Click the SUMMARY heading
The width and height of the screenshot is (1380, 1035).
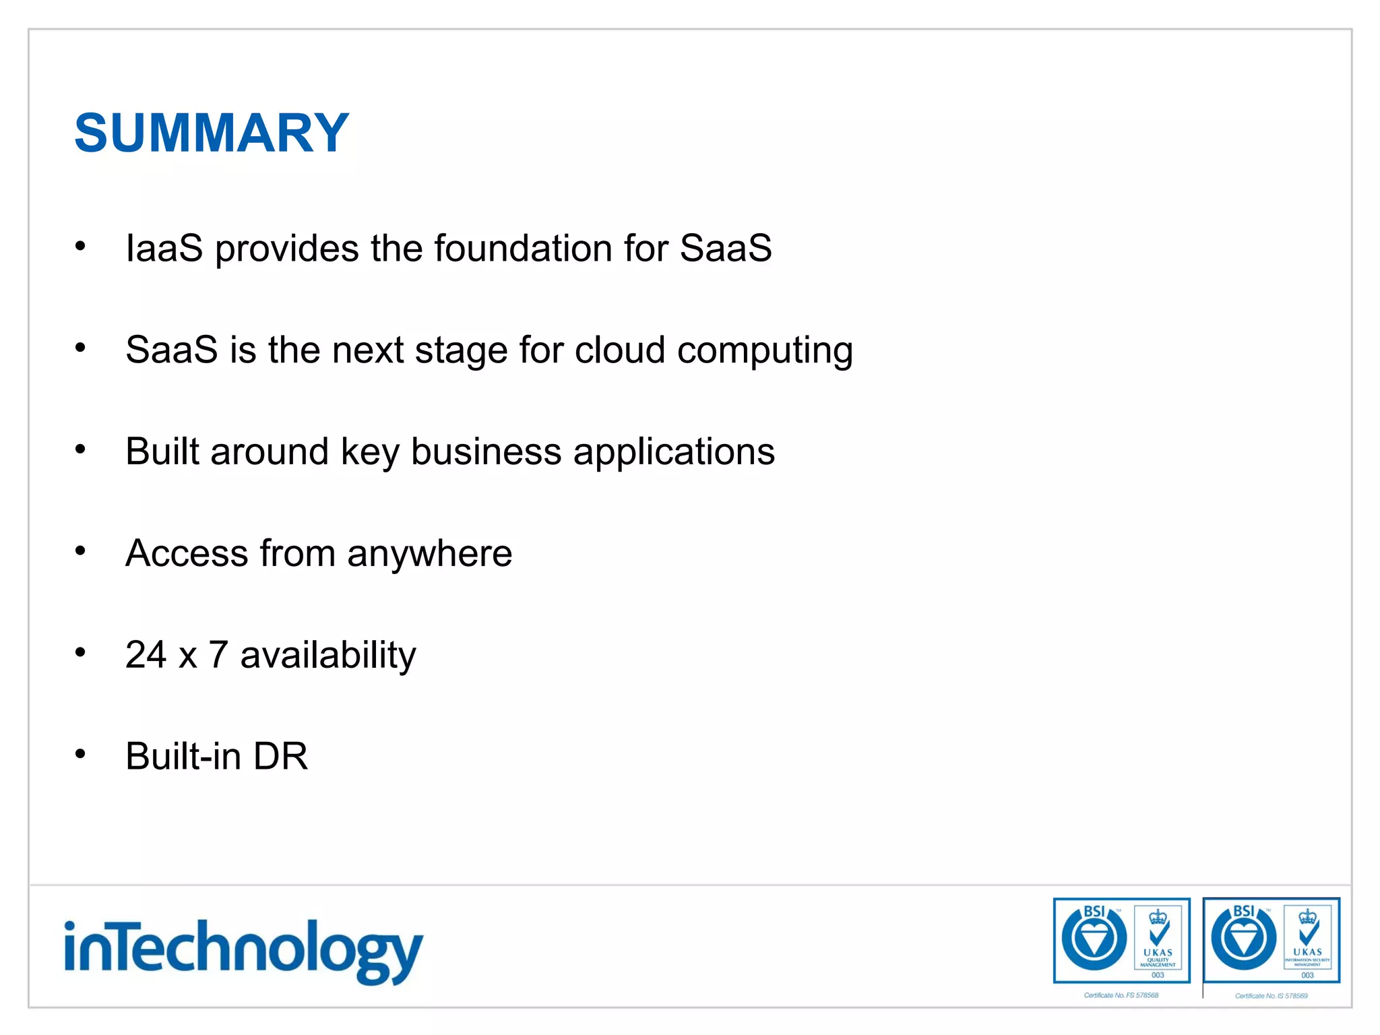212,133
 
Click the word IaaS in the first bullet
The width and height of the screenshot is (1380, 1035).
164,248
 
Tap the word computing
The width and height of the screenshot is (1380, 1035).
765,351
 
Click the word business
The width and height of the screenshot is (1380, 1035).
486,451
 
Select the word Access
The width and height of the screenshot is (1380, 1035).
187,553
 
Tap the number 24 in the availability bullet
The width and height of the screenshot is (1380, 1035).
146,654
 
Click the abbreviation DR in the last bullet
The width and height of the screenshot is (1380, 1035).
280,756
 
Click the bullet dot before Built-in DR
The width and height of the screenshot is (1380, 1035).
80,753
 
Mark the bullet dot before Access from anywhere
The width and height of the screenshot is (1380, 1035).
80,551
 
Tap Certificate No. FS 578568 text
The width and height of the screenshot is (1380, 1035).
1121,995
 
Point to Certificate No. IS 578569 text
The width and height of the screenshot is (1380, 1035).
1271,996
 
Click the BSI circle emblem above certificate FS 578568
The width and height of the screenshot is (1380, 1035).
1094,939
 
